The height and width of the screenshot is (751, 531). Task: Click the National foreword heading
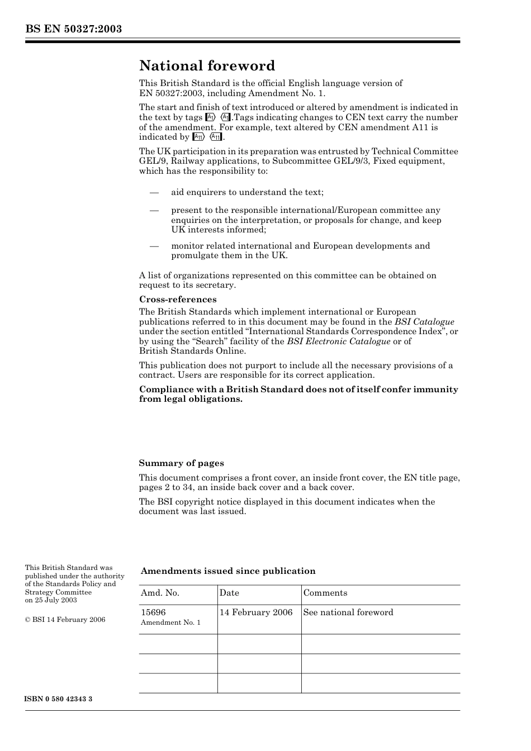click(207, 66)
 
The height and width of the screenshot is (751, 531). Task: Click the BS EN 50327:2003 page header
click(73, 29)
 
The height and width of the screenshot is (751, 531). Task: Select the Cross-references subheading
click(177, 300)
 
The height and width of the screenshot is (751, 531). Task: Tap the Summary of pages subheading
click(181, 463)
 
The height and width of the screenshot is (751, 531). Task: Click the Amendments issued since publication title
click(227, 571)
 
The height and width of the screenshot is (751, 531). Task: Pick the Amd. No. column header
click(160, 593)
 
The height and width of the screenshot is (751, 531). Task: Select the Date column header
click(229, 593)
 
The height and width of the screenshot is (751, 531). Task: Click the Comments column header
click(325, 593)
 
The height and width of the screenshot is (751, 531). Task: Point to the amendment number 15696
click(153, 612)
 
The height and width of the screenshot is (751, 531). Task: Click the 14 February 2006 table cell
click(256, 612)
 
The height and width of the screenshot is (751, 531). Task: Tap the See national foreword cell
click(348, 612)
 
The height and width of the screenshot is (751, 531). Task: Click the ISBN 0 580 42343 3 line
click(59, 699)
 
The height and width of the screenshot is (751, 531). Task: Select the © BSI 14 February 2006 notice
click(65, 620)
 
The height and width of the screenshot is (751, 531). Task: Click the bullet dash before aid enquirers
click(154, 192)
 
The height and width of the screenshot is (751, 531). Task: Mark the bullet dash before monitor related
click(154, 246)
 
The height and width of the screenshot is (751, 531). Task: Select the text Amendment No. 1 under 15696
click(170, 622)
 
